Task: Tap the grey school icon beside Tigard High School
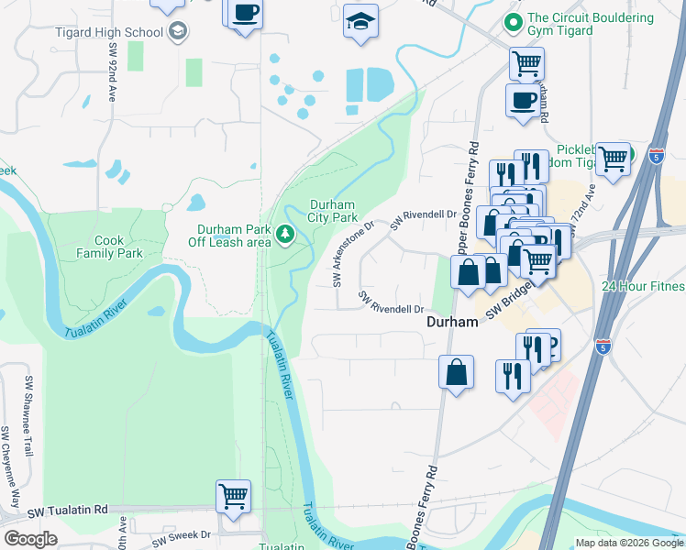[178, 31]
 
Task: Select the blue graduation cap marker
[360, 20]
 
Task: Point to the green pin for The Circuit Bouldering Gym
[513, 18]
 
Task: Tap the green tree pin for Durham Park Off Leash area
[285, 235]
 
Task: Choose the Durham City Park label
[332, 212]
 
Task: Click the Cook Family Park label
[108, 247]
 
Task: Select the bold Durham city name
[452, 323]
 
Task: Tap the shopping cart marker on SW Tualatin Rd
[233, 496]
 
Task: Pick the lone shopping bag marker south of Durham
[456, 373]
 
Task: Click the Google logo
[30, 540]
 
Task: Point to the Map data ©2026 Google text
[628, 543]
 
